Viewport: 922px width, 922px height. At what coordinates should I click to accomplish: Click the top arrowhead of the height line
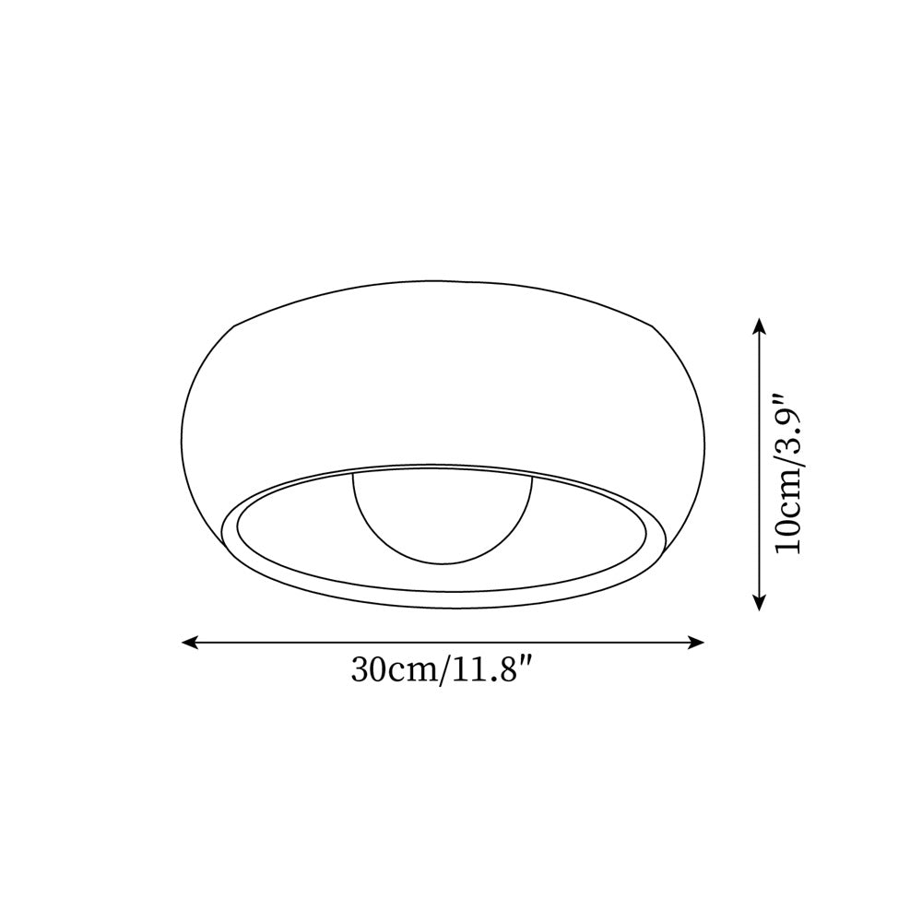coord(759,325)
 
